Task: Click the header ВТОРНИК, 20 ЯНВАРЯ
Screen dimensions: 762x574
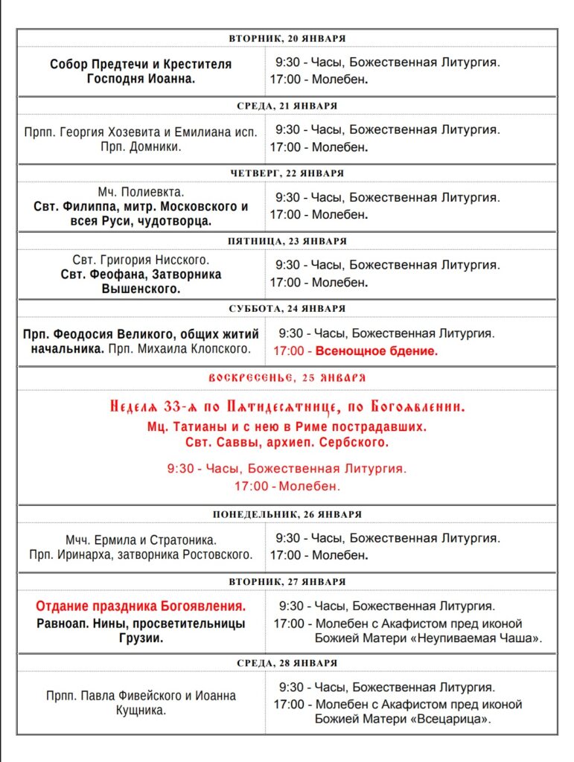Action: click(x=287, y=38)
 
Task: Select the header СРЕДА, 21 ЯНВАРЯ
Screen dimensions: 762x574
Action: click(x=287, y=106)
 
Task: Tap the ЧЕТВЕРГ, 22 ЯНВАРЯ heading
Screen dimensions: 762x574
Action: click(x=287, y=173)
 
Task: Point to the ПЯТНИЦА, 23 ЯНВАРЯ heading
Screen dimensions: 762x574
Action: click(x=287, y=241)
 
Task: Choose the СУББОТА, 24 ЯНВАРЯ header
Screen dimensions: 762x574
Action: click(x=287, y=308)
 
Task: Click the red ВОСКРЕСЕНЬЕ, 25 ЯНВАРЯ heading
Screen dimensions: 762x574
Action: click(x=287, y=377)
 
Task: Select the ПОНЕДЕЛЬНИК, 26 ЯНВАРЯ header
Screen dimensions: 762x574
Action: click(x=287, y=514)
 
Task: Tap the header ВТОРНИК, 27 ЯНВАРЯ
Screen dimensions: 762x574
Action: click(x=287, y=581)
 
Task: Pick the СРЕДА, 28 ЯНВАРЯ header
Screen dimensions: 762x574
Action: click(x=287, y=662)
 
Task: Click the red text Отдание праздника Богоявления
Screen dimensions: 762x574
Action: click(x=141, y=606)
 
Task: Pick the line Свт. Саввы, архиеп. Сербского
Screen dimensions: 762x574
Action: click(x=287, y=443)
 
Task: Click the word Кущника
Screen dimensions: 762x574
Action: click(x=141, y=711)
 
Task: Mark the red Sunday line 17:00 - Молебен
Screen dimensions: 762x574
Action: click(x=287, y=487)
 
